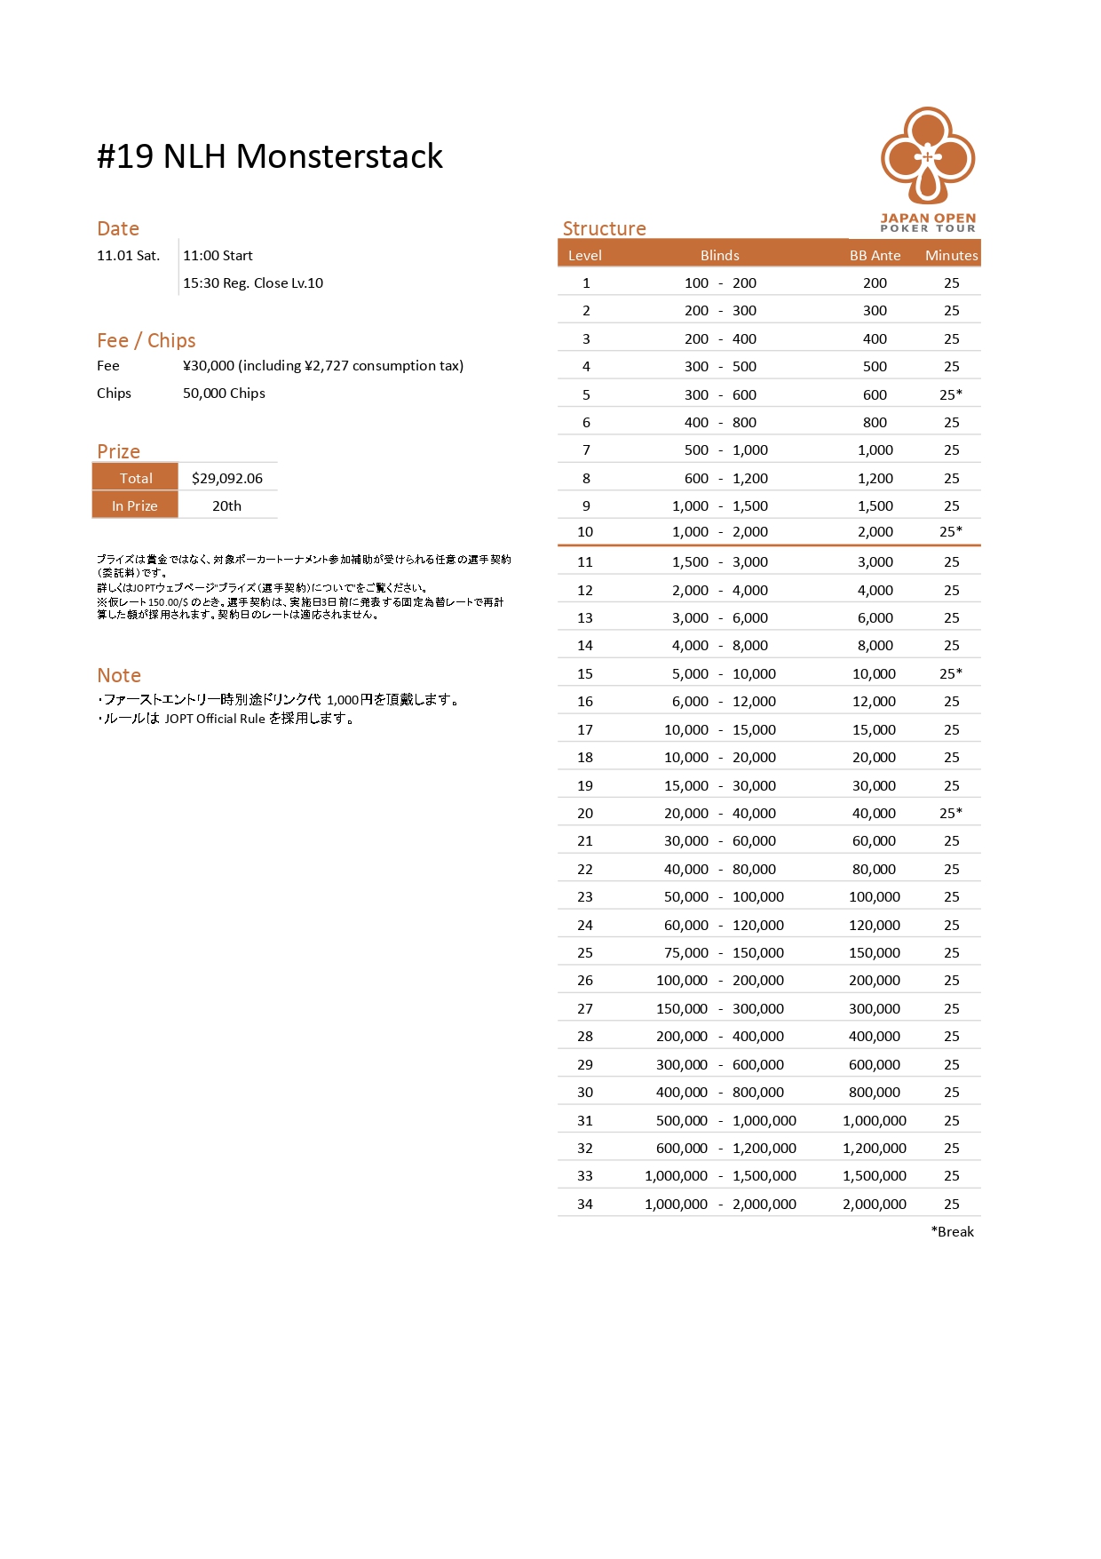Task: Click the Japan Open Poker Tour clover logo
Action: pos(928,156)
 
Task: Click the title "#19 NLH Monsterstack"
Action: pos(269,156)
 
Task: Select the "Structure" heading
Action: pos(604,228)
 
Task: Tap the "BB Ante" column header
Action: pos(875,255)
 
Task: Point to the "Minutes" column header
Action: pos(951,255)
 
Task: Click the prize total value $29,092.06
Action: pos(227,478)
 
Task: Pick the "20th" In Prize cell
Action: pos(226,505)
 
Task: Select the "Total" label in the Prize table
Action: pos(136,478)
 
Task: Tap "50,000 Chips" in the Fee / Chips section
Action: pos(224,393)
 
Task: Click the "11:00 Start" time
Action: pos(218,255)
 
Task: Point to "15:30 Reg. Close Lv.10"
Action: pos(253,282)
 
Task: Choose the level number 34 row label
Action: pos(585,1204)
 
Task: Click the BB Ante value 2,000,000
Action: pos(875,1204)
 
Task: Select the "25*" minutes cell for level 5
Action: pos(951,394)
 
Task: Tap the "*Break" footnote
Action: pos(952,1231)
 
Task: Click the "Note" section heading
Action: pos(119,675)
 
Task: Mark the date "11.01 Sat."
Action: pos(129,255)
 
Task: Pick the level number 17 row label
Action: pos(585,729)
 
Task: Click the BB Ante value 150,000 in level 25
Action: pos(875,952)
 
